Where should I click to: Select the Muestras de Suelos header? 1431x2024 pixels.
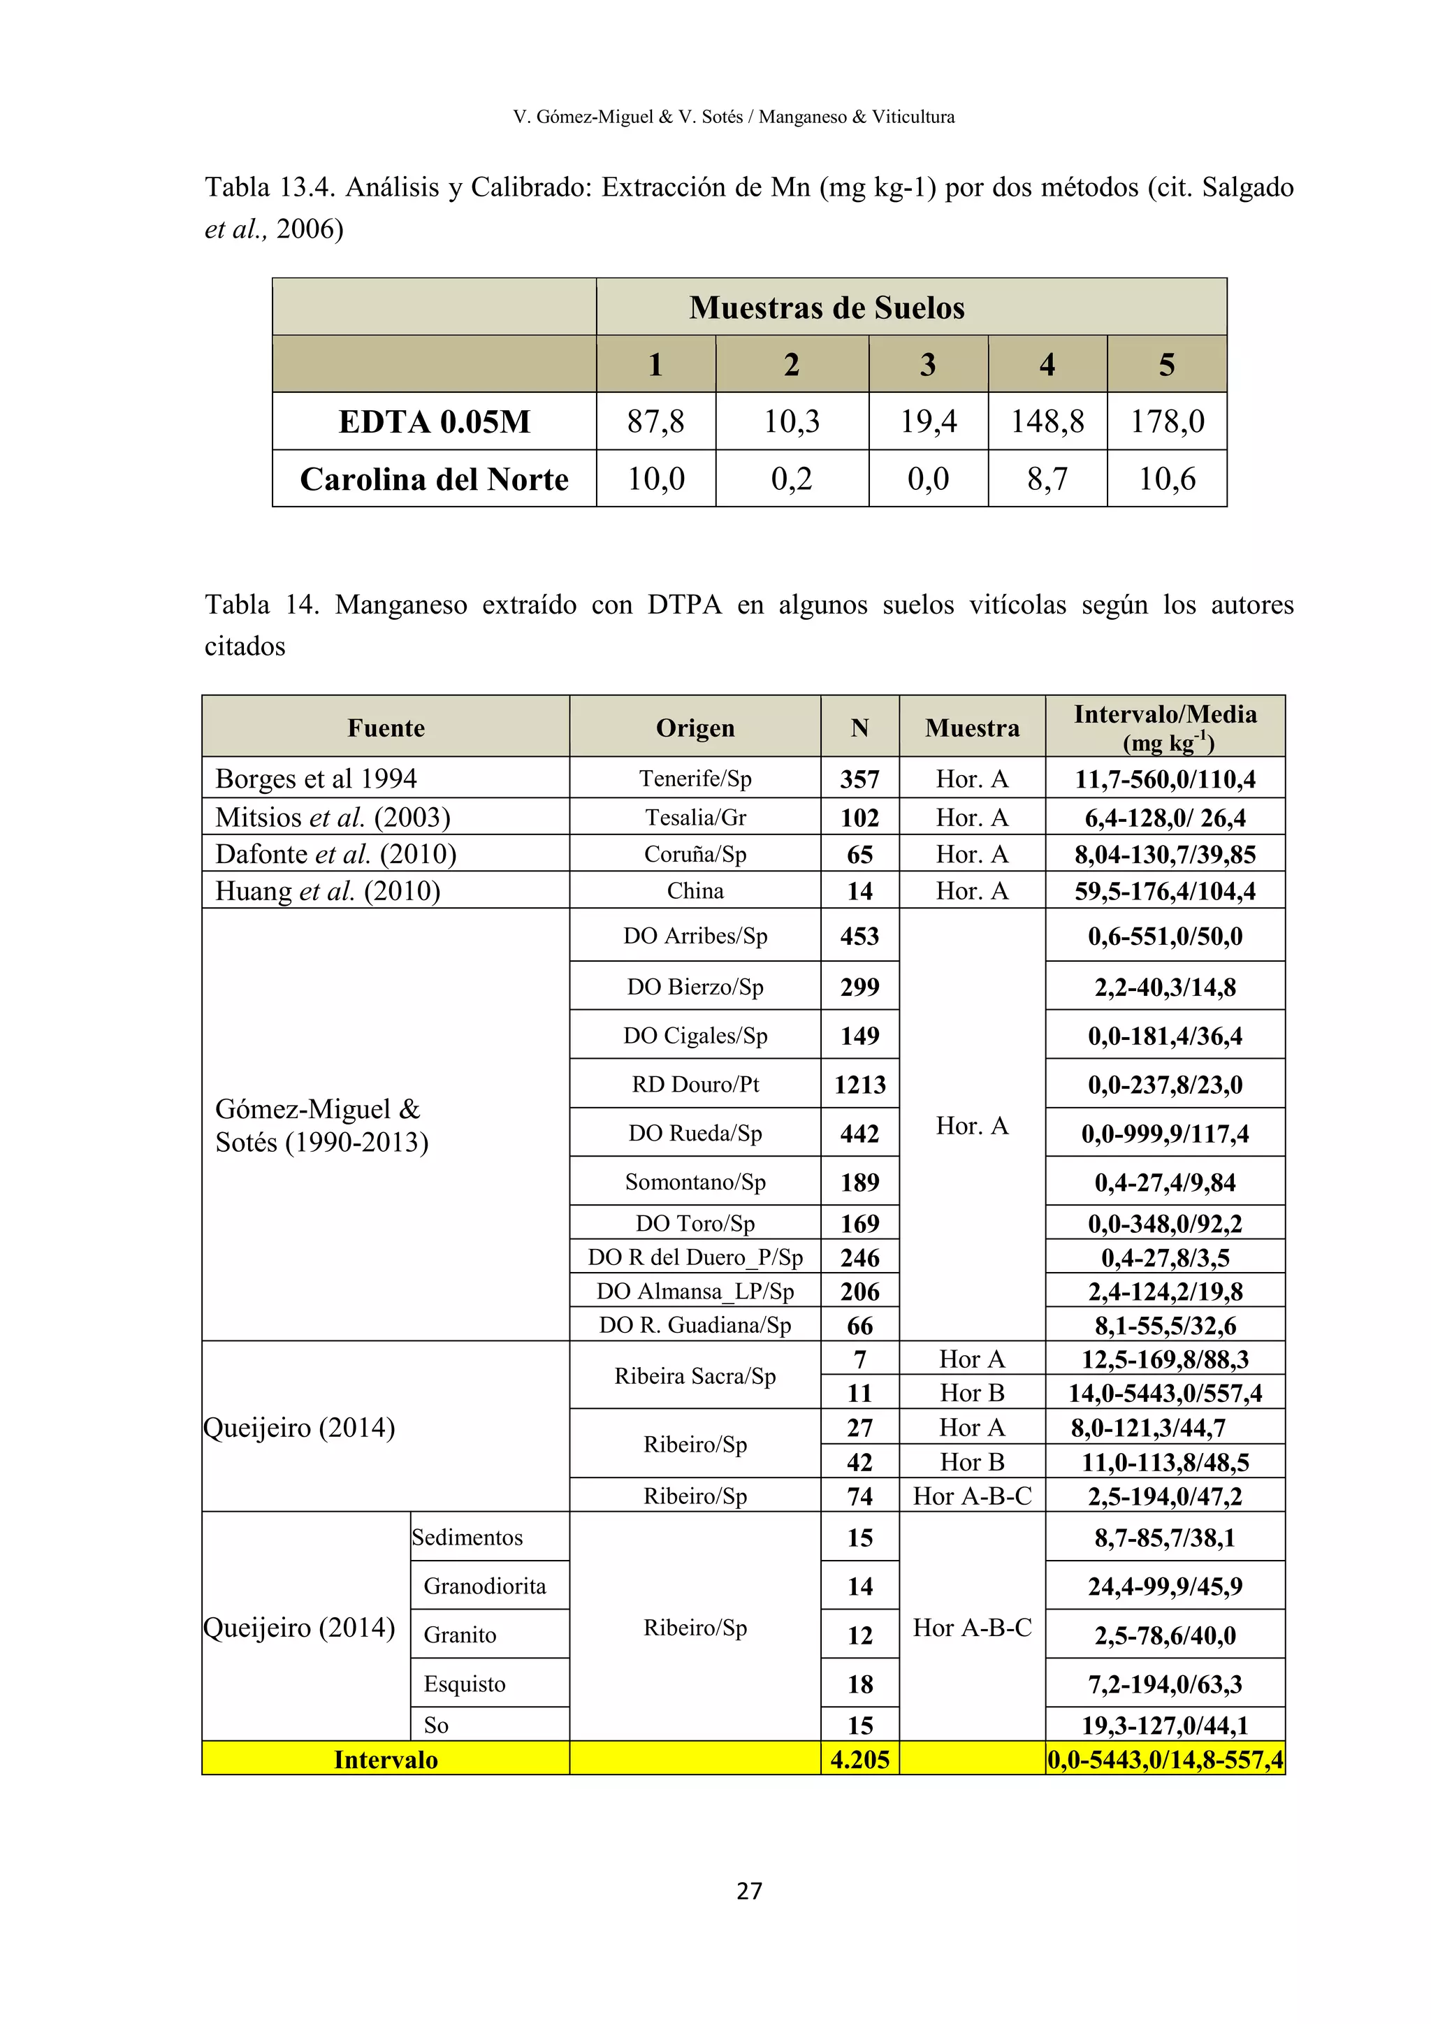point(827,308)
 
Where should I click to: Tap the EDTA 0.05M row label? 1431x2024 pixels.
point(435,421)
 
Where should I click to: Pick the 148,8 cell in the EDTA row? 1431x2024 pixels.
point(1047,421)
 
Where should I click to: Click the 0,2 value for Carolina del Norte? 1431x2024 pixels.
point(791,479)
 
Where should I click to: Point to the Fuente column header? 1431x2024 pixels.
point(386,728)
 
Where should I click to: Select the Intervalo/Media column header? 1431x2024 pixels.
point(1165,726)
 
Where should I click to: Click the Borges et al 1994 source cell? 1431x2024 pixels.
point(317,779)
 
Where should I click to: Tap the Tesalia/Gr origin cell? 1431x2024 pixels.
point(695,817)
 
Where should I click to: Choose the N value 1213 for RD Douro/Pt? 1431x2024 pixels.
point(860,1084)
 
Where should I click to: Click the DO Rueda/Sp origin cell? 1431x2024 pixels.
point(695,1133)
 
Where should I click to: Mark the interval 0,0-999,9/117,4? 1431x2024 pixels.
point(1165,1134)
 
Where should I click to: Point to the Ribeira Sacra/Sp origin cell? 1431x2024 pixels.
point(695,1376)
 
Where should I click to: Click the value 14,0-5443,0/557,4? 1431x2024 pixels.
point(1165,1393)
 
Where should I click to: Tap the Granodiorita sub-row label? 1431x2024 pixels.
point(485,1586)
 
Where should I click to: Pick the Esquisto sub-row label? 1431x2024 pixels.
point(465,1684)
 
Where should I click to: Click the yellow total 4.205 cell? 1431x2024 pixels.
point(860,1760)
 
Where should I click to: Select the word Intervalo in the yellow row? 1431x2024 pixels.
point(386,1760)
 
